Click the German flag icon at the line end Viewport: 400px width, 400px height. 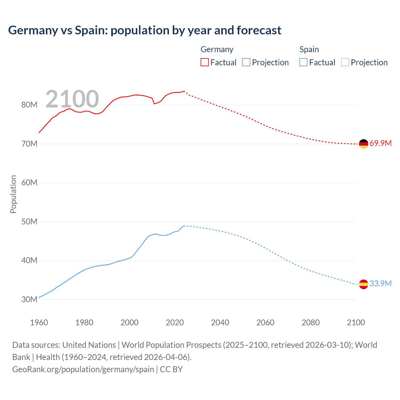(363, 144)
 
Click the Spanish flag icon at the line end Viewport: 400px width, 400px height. (363, 284)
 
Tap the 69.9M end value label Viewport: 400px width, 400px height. (380, 143)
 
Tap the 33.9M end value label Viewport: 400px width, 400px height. (380, 284)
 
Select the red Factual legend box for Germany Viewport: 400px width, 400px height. (204, 62)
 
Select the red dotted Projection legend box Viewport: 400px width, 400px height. (246, 62)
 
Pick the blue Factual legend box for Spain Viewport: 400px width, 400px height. (303, 62)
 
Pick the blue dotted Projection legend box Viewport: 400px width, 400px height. (345, 62)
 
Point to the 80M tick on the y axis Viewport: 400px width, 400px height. (29, 105)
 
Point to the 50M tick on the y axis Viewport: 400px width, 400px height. (29, 222)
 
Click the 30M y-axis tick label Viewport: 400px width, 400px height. (29, 299)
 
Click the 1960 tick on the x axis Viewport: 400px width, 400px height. (39, 322)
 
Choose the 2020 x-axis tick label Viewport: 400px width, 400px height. (175, 322)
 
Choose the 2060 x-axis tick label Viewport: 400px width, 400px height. (265, 322)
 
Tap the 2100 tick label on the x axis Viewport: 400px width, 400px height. (356, 322)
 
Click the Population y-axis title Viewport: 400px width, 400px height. (13, 194)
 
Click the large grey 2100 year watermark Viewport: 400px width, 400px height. (72, 99)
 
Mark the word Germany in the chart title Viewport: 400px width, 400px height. (33, 30)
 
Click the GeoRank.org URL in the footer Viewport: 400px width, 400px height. (83, 369)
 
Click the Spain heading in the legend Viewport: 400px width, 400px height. (309, 49)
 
